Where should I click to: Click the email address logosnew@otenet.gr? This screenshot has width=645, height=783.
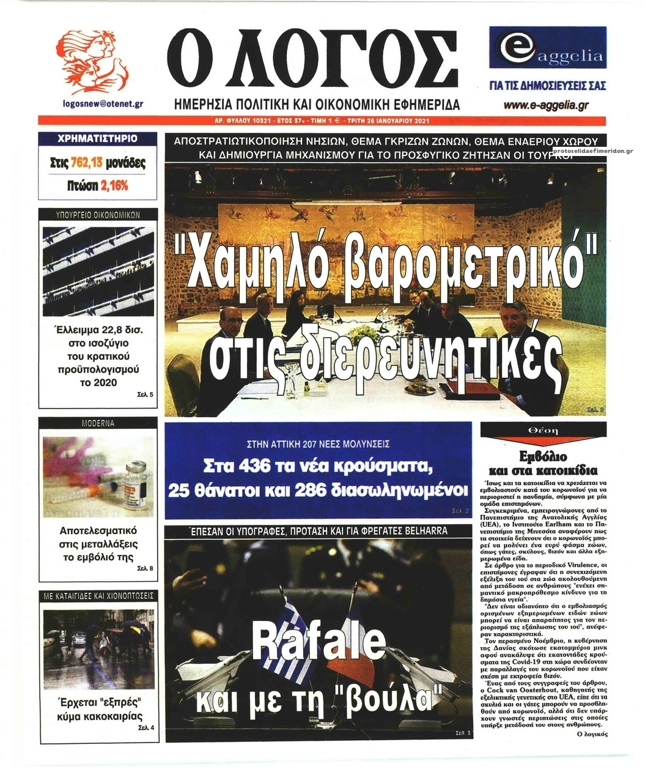tap(103, 104)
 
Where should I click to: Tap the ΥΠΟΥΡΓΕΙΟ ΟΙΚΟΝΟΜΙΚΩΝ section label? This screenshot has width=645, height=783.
tap(98, 215)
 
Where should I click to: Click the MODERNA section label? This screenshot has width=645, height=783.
tap(98, 423)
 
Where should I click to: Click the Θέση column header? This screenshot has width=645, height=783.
tap(543, 431)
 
